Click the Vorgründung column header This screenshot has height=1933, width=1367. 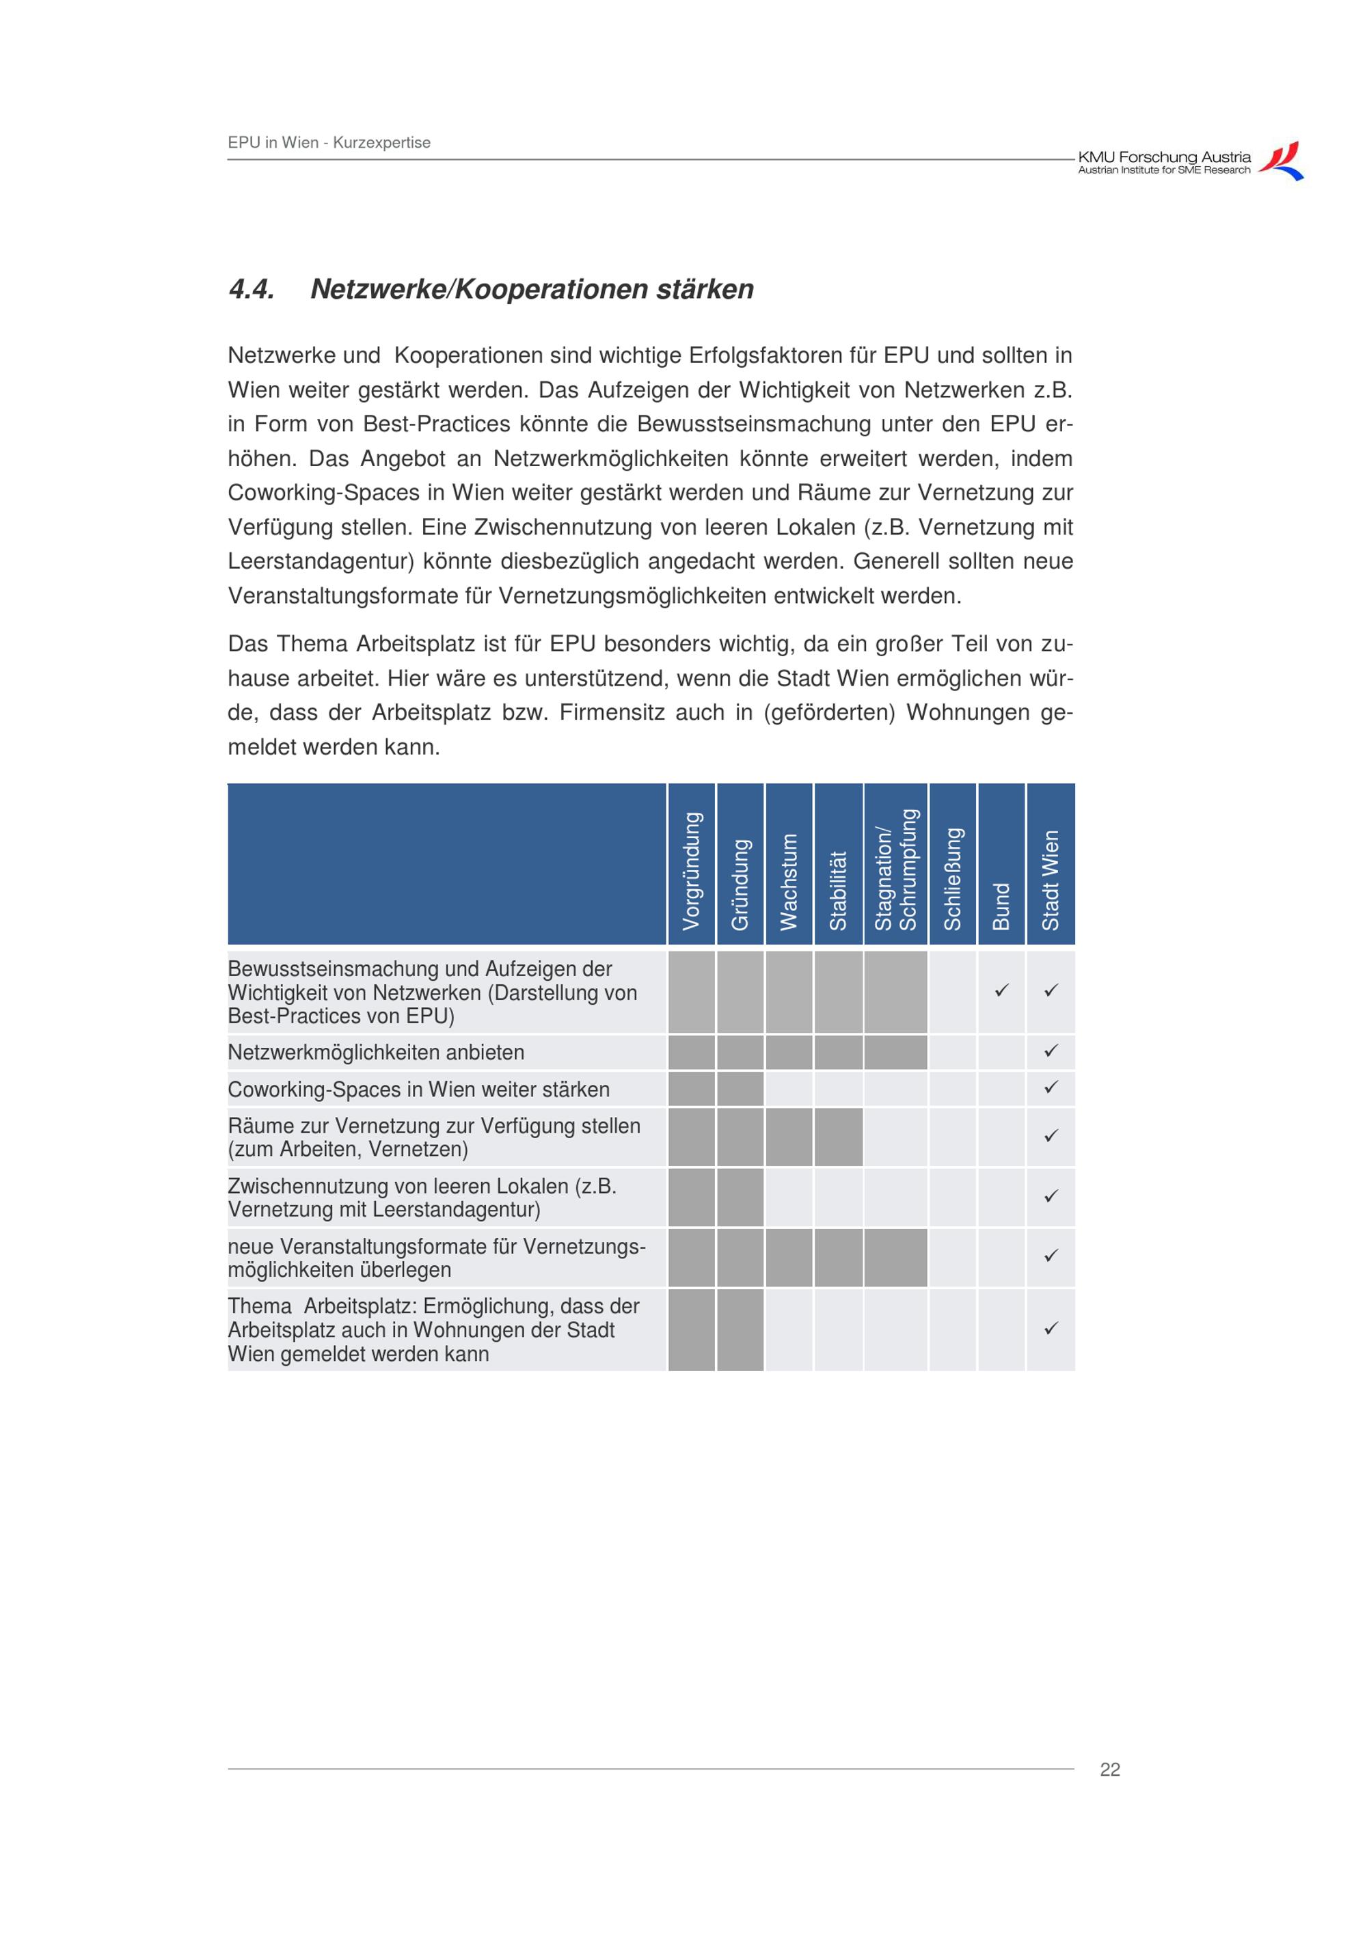coord(691,871)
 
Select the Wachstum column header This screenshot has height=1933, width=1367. coord(789,882)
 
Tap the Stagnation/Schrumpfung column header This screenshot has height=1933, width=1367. coord(895,869)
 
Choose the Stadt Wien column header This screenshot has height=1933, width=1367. coord(1051,880)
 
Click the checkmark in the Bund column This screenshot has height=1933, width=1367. coord(1001,991)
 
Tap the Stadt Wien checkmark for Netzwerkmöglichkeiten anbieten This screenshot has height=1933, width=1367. coord(1051,1051)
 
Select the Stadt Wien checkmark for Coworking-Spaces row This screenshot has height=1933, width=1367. coord(1051,1087)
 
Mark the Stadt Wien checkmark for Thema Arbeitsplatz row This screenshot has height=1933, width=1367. coord(1051,1329)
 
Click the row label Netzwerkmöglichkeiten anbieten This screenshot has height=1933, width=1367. coord(375,1053)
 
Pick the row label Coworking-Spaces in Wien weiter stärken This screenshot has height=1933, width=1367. coord(418,1090)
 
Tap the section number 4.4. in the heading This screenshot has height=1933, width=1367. coord(251,290)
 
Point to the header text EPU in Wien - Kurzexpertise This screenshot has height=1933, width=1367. coord(329,142)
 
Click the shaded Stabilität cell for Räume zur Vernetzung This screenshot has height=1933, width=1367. coord(839,1137)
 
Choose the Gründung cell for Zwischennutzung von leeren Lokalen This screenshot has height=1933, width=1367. coord(740,1196)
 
